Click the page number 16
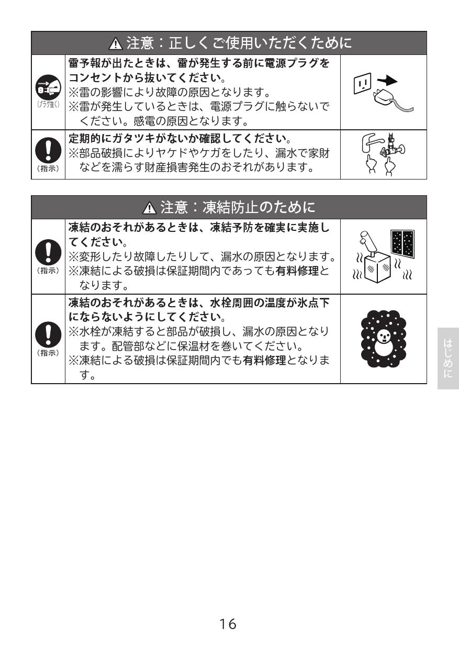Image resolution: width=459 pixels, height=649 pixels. point(228,624)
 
